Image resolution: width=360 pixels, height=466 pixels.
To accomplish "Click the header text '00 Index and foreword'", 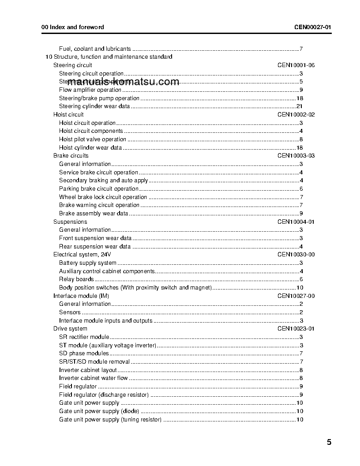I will (x=73, y=27).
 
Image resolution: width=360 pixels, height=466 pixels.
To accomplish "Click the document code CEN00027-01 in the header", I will (x=313, y=27).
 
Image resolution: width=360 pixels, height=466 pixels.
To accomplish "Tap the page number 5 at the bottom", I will (x=329, y=443).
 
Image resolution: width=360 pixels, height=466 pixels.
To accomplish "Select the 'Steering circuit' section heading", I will (x=73, y=65).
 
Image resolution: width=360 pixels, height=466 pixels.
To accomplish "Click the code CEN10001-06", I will (x=296, y=65).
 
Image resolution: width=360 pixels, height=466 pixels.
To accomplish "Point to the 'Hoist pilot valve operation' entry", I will (x=93, y=139).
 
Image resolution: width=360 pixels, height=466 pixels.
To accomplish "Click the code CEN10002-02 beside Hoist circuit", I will (x=296, y=115).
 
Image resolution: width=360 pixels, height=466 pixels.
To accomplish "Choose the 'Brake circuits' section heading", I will (x=71, y=156).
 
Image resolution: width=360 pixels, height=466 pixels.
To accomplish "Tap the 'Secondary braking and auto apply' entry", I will (x=104, y=180).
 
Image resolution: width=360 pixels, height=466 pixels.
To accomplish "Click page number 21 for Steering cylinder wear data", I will (x=299, y=106).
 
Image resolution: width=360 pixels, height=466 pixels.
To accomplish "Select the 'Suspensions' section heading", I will (x=70, y=222).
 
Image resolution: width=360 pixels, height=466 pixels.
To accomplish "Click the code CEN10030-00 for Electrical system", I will (x=296, y=255).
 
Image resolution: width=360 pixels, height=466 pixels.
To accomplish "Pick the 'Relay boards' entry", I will (x=76, y=279).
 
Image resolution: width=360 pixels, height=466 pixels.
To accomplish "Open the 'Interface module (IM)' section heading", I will (x=81, y=296).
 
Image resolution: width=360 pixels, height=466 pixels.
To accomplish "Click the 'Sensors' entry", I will (x=70, y=312).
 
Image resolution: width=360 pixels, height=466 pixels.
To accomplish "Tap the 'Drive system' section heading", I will (x=70, y=329).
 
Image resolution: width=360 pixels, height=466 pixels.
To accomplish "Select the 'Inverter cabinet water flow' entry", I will (x=94, y=378).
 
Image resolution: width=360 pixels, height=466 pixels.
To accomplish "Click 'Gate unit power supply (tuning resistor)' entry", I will (x=110, y=420).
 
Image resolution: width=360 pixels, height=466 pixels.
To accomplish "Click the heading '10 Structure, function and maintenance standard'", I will (x=109, y=57).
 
